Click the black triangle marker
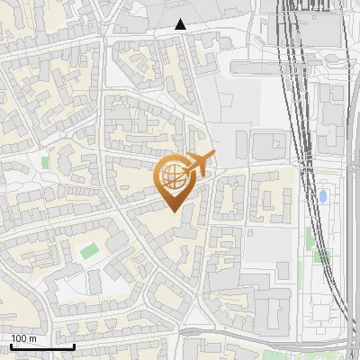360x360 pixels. pos(181,24)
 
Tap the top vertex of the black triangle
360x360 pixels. pos(181,19)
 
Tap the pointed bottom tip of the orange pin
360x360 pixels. pos(173,212)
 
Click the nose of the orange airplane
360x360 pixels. pos(212,156)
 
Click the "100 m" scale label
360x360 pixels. pos(23,338)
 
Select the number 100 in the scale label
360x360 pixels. pos(19,338)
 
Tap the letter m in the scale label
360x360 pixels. pos(32,338)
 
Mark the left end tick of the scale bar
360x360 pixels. pos(11,345)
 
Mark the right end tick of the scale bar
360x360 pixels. pos(74,345)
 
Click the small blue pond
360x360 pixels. pos(322,195)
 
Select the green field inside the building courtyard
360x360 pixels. pos(88,251)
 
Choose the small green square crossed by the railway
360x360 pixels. pos(321,256)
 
